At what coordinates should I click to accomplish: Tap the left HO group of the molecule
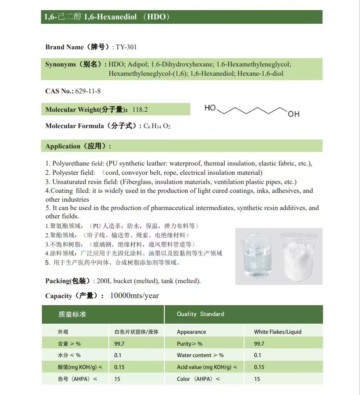210,108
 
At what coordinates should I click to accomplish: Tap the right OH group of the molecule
293,114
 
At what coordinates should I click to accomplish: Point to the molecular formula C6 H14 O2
157,126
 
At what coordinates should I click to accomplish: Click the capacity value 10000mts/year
134,295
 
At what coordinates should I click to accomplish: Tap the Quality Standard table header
200,314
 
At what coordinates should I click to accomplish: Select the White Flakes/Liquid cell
278,332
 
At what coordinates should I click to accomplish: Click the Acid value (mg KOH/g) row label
207,367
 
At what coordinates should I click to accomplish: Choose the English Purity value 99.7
259,343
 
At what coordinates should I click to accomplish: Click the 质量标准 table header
72,314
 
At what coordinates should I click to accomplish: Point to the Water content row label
200,355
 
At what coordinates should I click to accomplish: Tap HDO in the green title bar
157,17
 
